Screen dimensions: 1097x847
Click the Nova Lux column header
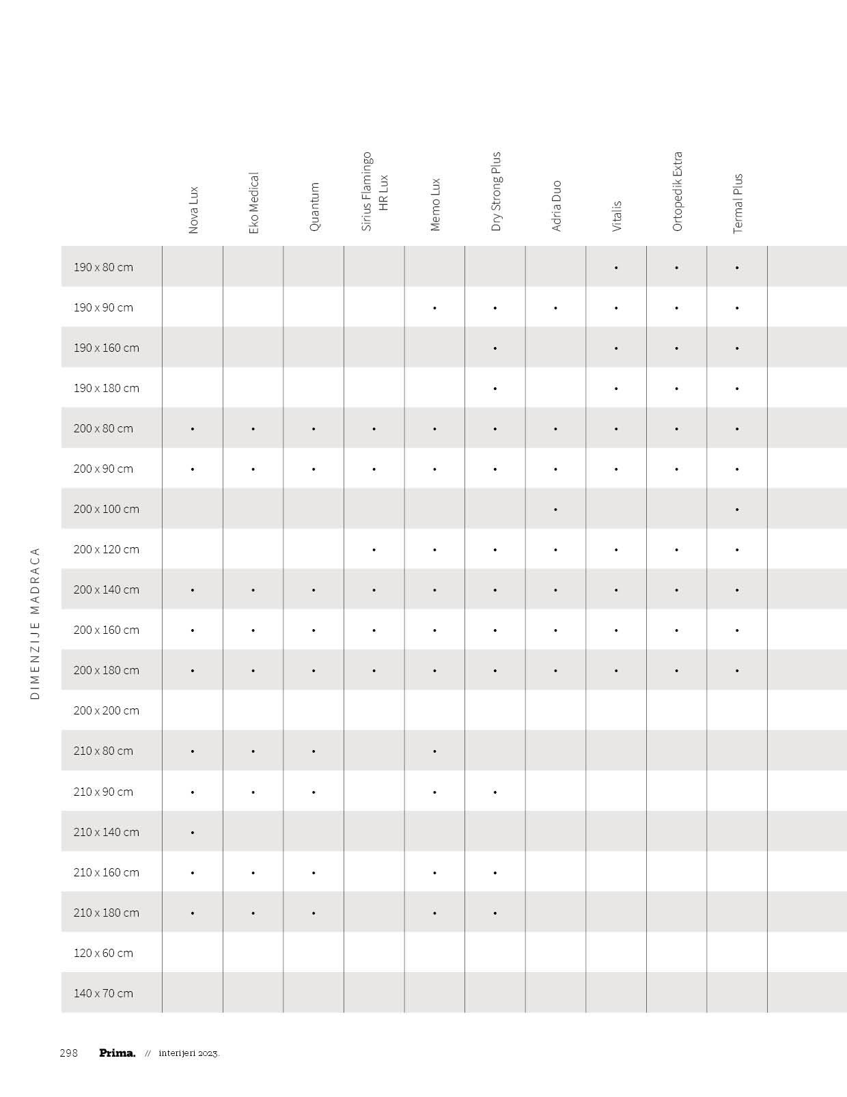coord(193,210)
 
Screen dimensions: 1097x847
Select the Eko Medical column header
coord(253,203)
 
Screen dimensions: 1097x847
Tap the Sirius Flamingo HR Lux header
coord(374,191)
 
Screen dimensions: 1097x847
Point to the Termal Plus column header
coord(738,204)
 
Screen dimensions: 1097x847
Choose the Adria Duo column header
coord(556,206)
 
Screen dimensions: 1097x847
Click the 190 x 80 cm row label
coord(103,267)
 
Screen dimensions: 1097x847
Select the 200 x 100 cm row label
coord(106,509)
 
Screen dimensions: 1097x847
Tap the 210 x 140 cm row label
coord(106,832)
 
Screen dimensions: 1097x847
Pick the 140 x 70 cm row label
coord(103,993)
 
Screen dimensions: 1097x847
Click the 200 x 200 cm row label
coord(106,710)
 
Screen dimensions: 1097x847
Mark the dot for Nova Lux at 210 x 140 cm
coord(193,833)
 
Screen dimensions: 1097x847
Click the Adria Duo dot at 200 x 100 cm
coord(556,510)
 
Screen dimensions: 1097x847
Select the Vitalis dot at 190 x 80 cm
coord(616,268)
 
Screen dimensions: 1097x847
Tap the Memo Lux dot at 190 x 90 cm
coord(434,308)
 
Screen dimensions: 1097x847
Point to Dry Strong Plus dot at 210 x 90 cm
coord(495,792)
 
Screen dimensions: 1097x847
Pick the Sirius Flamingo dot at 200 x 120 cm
coord(374,550)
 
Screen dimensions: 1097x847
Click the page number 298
coord(69,1053)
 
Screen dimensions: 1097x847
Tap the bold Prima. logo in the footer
coord(117,1053)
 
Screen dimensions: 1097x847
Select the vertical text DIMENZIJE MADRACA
coord(36,623)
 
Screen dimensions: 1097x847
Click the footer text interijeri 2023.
coord(189,1053)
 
